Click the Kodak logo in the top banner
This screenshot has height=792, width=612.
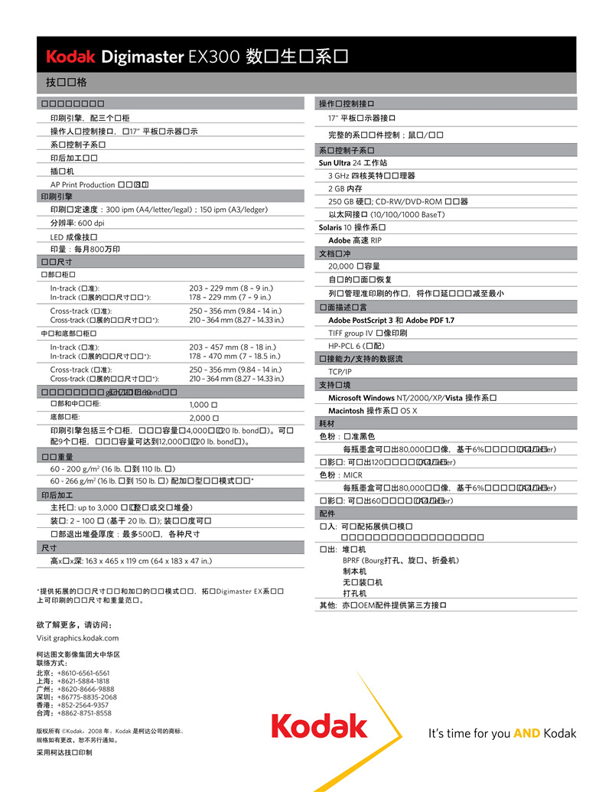[x=70, y=56]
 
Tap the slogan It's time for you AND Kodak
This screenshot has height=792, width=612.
[x=502, y=733]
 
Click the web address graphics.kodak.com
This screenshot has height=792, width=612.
[x=77, y=637]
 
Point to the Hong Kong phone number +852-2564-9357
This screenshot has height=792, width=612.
[x=89, y=705]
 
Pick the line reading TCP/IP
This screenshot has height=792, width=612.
[x=340, y=372]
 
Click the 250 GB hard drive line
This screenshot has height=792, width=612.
[x=398, y=201]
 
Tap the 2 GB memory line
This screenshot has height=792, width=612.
[x=345, y=188]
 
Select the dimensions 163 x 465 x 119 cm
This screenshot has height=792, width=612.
[x=129, y=561]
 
